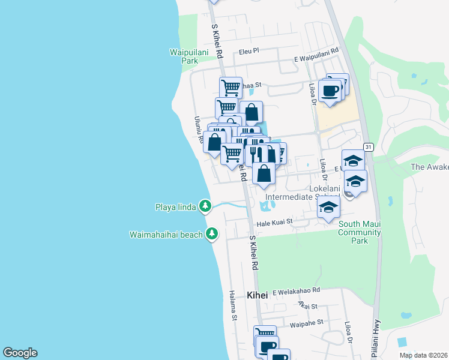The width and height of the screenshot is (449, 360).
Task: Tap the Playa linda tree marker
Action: tap(205, 206)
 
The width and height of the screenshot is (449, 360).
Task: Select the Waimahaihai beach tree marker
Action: tap(211, 234)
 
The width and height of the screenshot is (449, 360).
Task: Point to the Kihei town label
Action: tap(259, 295)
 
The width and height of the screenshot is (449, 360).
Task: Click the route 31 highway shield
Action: tap(368, 147)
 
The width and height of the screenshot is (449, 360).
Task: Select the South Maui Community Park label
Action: tap(360, 232)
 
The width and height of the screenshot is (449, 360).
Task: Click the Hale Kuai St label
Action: tap(274, 222)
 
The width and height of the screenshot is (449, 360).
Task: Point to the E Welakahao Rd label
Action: tap(296, 292)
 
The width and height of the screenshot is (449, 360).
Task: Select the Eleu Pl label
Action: tap(248, 52)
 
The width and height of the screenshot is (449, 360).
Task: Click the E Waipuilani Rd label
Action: tap(316, 55)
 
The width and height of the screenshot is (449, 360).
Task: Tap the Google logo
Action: tap(19, 353)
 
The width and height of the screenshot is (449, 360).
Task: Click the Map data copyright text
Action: tap(423, 355)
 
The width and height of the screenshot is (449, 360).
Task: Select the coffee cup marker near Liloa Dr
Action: tap(330, 91)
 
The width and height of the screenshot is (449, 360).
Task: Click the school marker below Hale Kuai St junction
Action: tap(328, 209)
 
